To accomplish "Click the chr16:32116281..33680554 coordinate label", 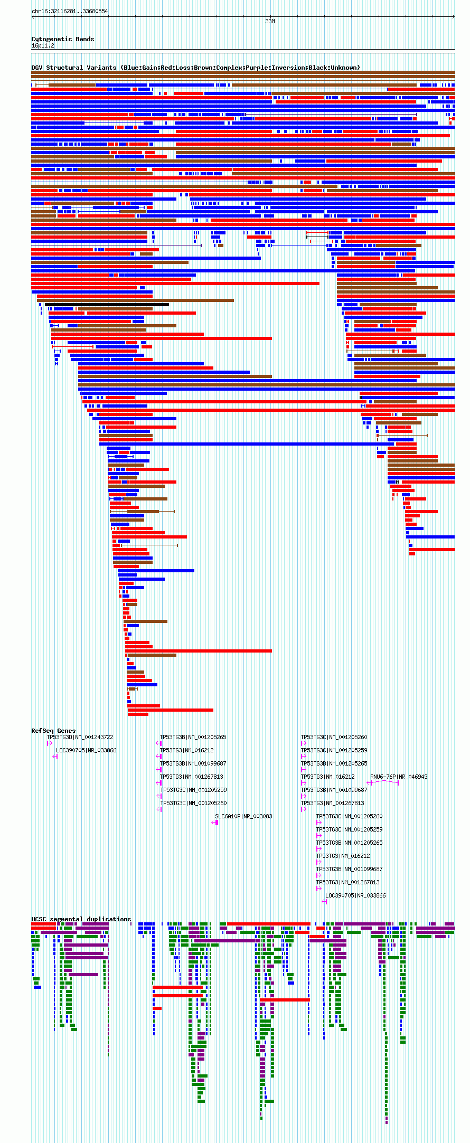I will pos(70,11).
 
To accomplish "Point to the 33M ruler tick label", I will pos(270,22).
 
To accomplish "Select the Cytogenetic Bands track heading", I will pos(62,39).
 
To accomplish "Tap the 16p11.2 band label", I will pos(43,46).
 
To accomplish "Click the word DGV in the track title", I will pos(37,68).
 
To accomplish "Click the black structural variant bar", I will pos(107,305).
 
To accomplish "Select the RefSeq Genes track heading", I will pos(53,731).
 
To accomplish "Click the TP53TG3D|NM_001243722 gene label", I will pos(80,737).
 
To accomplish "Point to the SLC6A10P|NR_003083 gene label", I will pos(243,816).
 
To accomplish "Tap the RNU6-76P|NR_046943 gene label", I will pos(399,777).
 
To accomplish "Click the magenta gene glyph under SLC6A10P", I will pos(215,823).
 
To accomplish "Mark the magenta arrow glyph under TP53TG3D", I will pos(49,743).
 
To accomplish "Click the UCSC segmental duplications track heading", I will pos(81,919).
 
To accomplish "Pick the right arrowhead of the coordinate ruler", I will pos(453,16).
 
